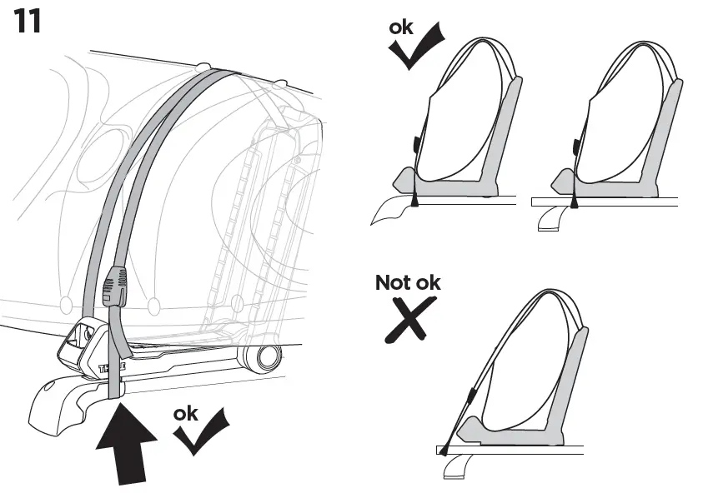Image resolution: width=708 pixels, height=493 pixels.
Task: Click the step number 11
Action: pos(27,22)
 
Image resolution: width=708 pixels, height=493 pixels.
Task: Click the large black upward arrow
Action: pos(125,441)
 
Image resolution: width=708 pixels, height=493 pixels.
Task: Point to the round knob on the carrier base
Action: pos(264,359)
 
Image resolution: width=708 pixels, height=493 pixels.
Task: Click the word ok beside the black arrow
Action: pos(185,413)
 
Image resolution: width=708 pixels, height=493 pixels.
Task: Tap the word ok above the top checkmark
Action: pos(401,28)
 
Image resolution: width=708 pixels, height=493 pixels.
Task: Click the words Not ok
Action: pos(408,282)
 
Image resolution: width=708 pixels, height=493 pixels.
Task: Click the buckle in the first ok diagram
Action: pos(414,147)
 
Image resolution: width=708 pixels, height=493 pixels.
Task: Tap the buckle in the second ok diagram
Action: pos(575,147)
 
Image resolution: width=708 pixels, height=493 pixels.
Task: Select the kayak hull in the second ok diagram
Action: pos(621,133)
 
